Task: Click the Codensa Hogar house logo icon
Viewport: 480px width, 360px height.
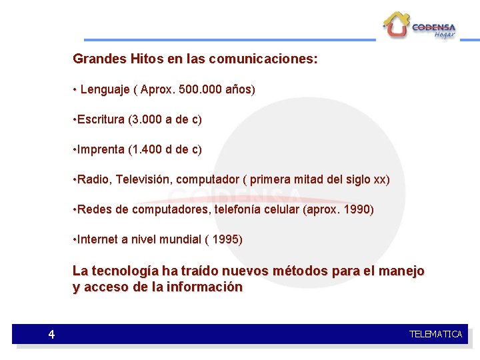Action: [396, 25]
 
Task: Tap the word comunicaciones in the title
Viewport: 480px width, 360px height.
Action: [263, 59]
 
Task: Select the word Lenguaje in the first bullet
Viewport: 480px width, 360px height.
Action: [105, 89]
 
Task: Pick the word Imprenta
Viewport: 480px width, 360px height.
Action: [101, 149]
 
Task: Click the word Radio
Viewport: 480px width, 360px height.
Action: [92, 179]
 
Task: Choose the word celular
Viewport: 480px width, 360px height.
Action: [279, 209]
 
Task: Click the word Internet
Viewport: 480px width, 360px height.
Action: [97, 239]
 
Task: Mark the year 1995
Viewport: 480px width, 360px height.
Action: [227, 239]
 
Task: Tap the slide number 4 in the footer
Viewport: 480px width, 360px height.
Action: [51, 335]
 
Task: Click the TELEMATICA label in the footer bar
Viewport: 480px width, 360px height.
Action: [435, 334]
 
